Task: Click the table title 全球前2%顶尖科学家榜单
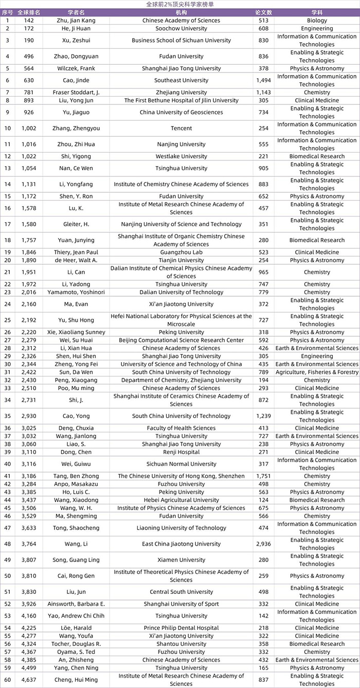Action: [x=180, y=4]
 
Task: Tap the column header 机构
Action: [x=181, y=12]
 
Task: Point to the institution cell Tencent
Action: [x=181, y=129]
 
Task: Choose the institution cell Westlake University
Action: [x=181, y=156]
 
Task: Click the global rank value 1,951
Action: [x=29, y=272]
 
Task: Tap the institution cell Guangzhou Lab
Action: [x=181, y=252]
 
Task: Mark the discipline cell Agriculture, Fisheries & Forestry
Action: [x=317, y=372]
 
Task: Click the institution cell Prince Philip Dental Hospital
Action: [x=181, y=628]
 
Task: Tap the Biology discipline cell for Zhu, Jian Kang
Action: [x=317, y=21]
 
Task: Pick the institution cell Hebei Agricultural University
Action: [x=181, y=500]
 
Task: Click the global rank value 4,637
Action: [x=29, y=680]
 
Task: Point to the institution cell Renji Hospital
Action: [x=181, y=452]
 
